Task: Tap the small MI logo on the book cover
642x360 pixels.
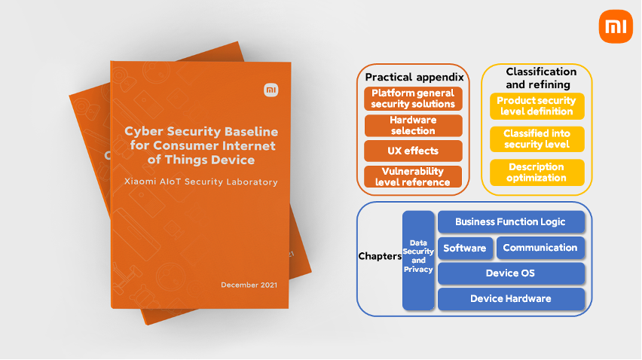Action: click(x=271, y=90)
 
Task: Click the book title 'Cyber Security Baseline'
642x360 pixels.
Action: click(x=201, y=132)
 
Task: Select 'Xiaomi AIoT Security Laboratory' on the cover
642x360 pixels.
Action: click(x=201, y=182)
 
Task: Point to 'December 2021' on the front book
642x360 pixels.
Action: click(x=249, y=285)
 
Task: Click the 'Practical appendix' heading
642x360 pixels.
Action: click(x=414, y=77)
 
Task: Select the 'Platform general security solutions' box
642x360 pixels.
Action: click(x=414, y=99)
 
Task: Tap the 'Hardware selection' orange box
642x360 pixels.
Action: click(x=414, y=125)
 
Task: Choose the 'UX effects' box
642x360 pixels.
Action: click(x=414, y=151)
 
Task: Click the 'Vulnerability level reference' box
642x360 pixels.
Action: click(x=414, y=177)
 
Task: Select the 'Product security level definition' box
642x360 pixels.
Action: click(x=537, y=106)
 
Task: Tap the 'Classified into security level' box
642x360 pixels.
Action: click(x=537, y=139)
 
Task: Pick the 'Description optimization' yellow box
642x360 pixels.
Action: click(x=537, y=172)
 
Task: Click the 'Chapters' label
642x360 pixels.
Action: click(x=380, y=256)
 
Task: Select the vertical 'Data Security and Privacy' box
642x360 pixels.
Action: click(x=418, y=260)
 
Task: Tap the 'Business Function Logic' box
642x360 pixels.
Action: click(x=511, y=222)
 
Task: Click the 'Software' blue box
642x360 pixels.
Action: click(x=465, y=248)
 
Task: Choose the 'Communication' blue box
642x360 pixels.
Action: click(x=540, y=248)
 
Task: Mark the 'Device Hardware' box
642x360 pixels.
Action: click(x=511, y=299)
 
